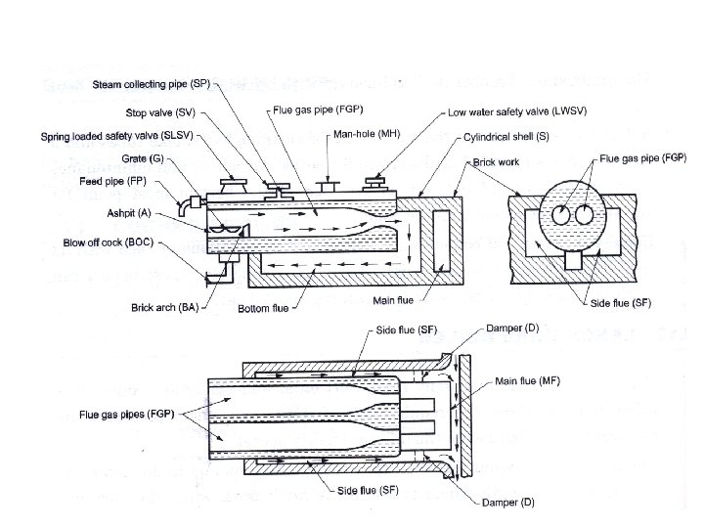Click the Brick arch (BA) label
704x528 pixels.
[165, 308]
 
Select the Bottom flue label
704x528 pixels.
[264, 309]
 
